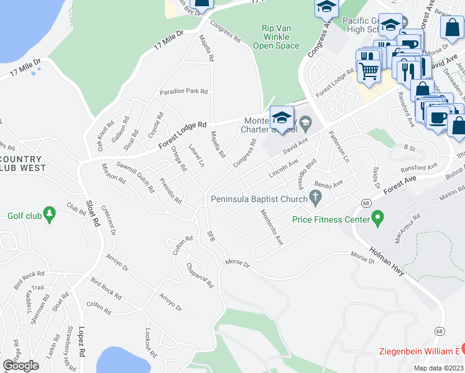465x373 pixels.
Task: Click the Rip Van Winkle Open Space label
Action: (276, 37)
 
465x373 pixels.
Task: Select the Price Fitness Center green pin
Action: (377, 218)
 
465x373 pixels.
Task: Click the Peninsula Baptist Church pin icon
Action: (316, 199)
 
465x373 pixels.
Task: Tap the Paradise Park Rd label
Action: (183, 91)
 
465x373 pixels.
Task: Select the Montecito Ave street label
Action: (271, 228)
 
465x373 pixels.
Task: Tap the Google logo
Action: (21, 366)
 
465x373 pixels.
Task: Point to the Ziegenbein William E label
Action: (420, 351)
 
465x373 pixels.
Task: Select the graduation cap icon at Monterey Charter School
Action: (282, 117)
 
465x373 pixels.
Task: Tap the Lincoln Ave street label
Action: (283, 167)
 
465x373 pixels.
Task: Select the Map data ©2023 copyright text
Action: (439, 368)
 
